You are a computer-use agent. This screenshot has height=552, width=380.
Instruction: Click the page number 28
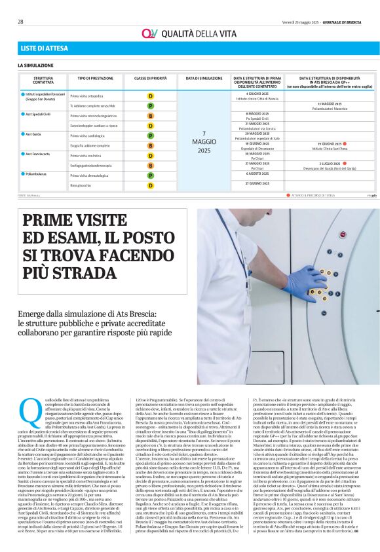[x=20, y=22]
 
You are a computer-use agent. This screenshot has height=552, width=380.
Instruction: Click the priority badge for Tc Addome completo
[x=151, y=105]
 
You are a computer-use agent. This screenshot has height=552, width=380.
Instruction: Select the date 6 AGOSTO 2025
[x=257, y=174]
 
